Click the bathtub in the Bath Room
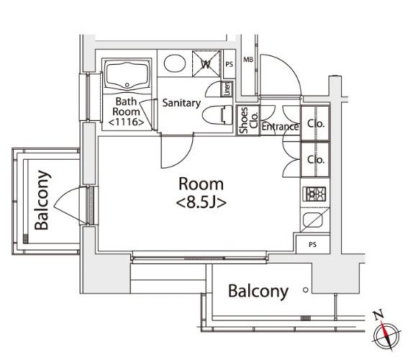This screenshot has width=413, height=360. click(x=127, y=75)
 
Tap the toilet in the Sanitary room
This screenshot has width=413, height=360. click(x=217, y=115)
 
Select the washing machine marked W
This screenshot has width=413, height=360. click(x=206, y=63)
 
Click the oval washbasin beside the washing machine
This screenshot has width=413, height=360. click(x=175, y=63)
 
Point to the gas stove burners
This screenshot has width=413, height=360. click(x=314, y=194)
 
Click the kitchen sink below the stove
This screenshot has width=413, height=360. click(x=313, y=220)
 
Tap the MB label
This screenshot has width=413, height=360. click(x=248, y=60)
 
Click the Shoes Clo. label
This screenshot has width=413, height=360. click(x=248, y=120)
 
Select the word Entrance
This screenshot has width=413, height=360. click(x=280, y=127)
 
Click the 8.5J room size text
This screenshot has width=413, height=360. click(x=201, y=202)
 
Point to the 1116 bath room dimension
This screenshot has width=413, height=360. click(x=126, y=122)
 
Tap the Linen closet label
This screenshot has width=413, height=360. click(x=227, y=89)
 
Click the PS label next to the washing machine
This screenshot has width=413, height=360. click(x=229, y=64)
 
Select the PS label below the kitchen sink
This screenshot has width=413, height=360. click(x=312, y=245)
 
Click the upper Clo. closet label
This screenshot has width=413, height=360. click(x=315, y=124)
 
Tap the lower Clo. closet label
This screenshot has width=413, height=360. click(x=315, y=159)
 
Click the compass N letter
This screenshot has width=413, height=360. click(x=378, y=315)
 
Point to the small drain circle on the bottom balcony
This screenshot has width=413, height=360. click(x=306, y=290)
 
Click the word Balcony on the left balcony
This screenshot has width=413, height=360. click(x=42, y=200)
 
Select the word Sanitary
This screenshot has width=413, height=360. click(x=181, y=103)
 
